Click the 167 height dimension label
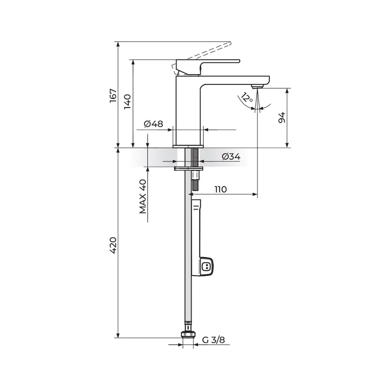click(x=113, y=96)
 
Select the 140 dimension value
click(x=128, y=101)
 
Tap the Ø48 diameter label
click(x=153, y=124)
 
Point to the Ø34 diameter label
click(x=231, y=156)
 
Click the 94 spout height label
click(x=282, y=117)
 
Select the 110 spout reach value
click(x=220, y=189)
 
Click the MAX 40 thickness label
click(x=142, y=197)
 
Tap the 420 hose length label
click(x=113, y=245)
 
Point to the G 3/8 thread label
click(x=214, y=340)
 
